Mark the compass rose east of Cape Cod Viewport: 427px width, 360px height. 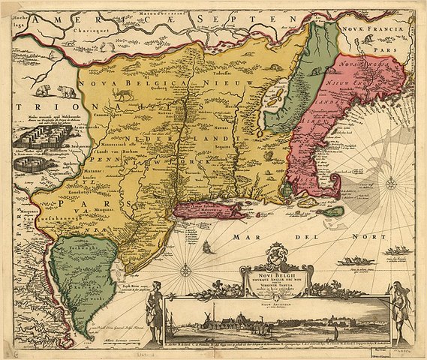click(391, 181)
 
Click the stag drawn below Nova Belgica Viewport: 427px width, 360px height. click(116, 95)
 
